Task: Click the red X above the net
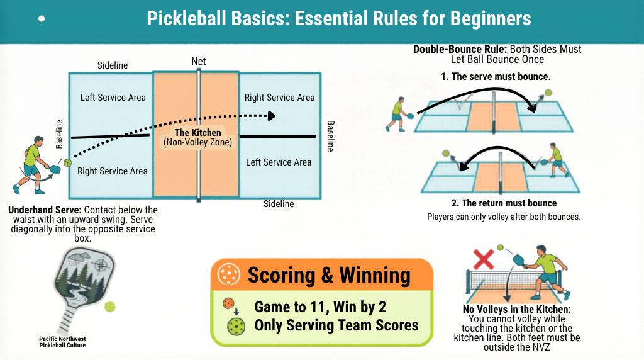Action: point(482,259)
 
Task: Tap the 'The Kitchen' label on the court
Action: point(197,133)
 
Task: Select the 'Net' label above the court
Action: point(199,62)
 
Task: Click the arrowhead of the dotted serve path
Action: point(272,116)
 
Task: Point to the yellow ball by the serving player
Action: point(68,162)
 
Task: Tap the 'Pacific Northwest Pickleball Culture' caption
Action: point(62,342)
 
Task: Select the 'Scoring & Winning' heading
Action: point(329,275)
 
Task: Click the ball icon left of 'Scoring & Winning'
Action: point(228,275)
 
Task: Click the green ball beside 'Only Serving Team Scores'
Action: point(236,327)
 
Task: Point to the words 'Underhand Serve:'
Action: point(45,210)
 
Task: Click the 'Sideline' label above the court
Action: point(113,65)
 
